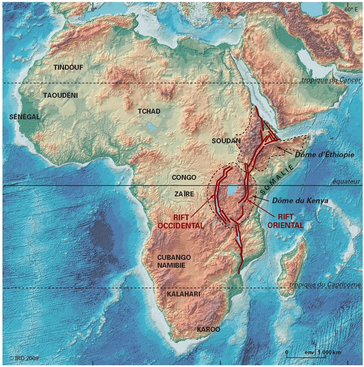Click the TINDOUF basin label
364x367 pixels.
point(68,67)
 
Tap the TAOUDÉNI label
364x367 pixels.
point(60,95)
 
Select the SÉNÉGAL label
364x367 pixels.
point(25,117)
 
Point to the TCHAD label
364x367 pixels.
point(149,111)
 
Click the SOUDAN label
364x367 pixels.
point(226,141)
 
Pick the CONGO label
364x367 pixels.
point(184,177)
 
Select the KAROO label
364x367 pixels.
point(208,329)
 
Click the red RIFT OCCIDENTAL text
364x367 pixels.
point(181,221)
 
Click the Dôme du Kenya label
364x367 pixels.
point(300,201)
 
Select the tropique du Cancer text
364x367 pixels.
point(331,80)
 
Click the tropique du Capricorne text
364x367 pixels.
point(325,285)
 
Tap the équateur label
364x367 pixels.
point(347,182)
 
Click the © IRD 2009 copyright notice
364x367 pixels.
point(24,358)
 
